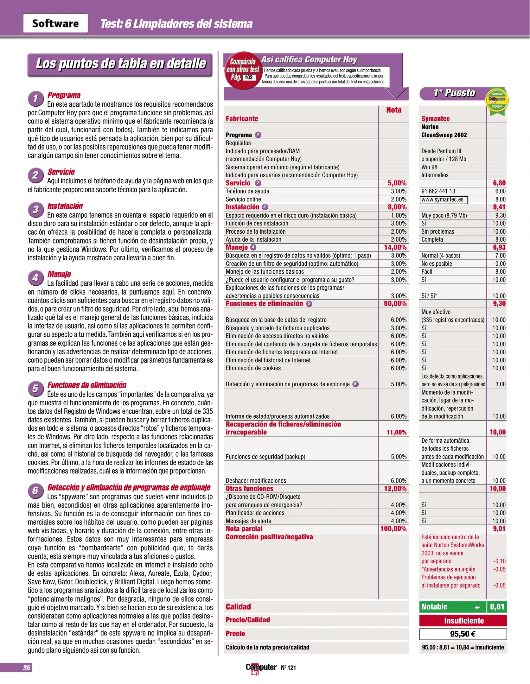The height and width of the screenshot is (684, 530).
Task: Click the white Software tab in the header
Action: (55, 23)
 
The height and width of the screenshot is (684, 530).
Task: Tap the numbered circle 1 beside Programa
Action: (35, 98)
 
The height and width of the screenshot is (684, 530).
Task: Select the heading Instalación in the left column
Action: (65, 206)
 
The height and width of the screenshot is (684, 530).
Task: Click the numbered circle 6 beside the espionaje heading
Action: (35, 491)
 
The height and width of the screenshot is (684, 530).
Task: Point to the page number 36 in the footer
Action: (26, 668)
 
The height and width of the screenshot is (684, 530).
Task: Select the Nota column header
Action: (393, 110)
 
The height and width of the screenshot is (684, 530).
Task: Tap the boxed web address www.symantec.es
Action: (444, 199)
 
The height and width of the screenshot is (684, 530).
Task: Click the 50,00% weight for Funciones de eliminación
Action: (395, 304)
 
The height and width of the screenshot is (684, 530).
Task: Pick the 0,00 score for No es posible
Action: (500, 264)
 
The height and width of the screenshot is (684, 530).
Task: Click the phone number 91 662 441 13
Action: (438, 191)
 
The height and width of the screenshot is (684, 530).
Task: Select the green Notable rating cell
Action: (452, 607)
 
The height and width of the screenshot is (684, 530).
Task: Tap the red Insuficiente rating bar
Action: (463, 621)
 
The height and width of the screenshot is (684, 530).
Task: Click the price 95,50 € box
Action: (463, 634)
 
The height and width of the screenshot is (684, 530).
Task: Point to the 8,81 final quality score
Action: (497, 607)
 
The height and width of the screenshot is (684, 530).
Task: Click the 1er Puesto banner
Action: (454, 93)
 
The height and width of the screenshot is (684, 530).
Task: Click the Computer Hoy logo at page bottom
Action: (261, 668)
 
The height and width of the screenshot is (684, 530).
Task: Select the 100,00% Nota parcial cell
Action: (393, 529)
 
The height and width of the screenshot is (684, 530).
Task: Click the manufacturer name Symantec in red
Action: (435, 118)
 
